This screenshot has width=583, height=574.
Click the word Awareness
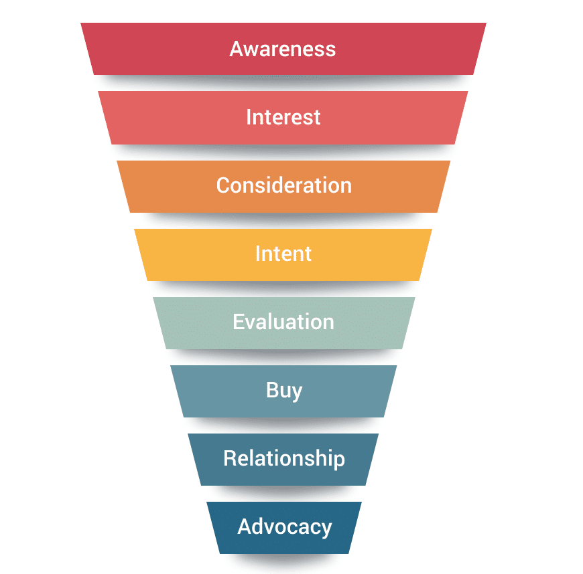283,49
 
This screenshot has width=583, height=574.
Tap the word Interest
283,117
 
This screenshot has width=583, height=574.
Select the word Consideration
284,185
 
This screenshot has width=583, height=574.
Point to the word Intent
283,254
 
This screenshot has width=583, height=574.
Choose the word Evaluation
283,322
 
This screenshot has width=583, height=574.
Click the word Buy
284,391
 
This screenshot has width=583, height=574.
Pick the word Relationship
284,459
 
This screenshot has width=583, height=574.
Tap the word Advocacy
284,527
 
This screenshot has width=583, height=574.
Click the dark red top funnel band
283,49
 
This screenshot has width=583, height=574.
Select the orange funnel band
283,187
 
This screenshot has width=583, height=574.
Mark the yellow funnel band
283,255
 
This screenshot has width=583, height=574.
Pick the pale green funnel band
284,323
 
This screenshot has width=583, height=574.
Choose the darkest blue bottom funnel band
284,528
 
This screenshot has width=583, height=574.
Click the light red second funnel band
283,118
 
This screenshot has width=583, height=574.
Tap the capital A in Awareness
237,49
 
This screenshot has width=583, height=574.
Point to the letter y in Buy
296,393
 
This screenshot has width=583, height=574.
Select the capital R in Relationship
231,458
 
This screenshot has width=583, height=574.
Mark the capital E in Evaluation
239,322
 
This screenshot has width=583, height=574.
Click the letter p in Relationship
338,462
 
